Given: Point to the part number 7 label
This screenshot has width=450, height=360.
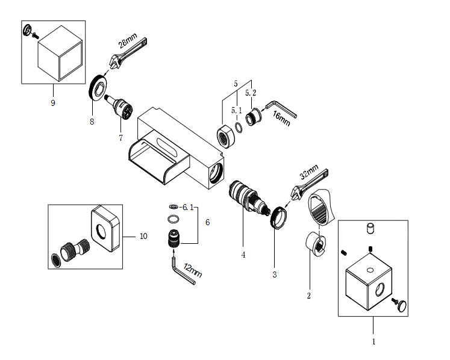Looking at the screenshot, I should coord(120,138).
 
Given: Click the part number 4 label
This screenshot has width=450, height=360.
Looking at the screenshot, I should coord(243,255).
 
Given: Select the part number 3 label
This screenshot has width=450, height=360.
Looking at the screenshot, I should coord(275,275).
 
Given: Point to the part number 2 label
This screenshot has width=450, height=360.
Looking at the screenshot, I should coord(308,296).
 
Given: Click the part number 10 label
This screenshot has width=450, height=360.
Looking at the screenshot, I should coord(143,237).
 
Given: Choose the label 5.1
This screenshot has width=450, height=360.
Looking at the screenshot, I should coord(236,110).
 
